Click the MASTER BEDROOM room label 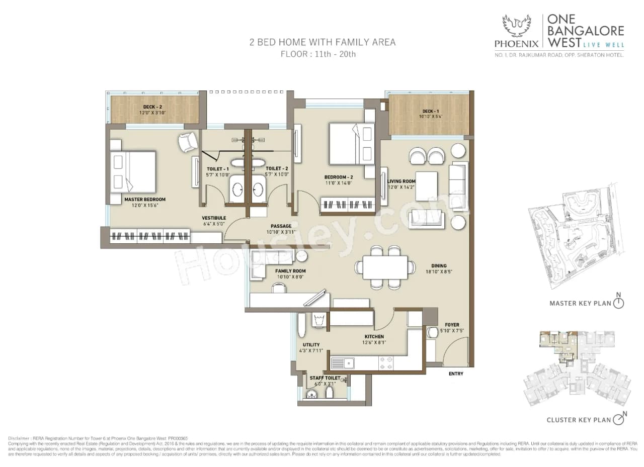click(144, 200)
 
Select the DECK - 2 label click(153, 107)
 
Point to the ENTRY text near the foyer click(455, 373)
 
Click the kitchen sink click(343, 363)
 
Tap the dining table click(385, 267)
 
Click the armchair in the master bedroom click(188, 142)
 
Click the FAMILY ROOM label click(290, 271)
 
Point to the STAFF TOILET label click(325, 378)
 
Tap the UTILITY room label click(311, 345)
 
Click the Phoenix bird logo click(517, 26)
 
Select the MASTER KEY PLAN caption click(580, 303)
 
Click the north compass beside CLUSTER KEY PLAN click(620, 419)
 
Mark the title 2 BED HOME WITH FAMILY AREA click(323, 42)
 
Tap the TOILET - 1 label click(218, 169)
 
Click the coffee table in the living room click(426, 186)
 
